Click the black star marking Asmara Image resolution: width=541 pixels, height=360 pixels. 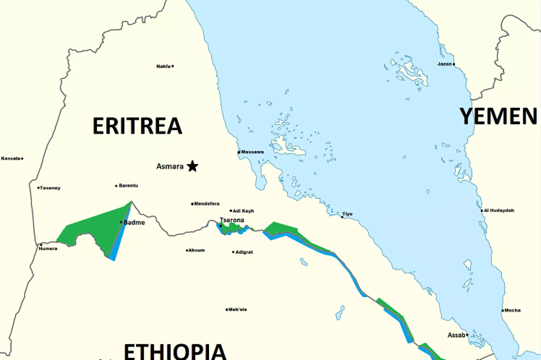(193, 166)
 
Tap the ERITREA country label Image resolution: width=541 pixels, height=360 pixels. (137, 126)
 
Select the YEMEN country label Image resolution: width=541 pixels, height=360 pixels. (498, 116)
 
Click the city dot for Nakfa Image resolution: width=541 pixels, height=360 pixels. (173, 66)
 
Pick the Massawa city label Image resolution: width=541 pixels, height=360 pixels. (252, 152)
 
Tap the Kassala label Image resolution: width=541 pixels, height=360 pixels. (11, 159)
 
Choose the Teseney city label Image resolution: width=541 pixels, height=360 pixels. (50, 188)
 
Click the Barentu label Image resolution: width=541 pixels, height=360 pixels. (129, 186)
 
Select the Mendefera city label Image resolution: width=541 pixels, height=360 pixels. (207, 204)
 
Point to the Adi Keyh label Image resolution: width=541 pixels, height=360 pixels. (243, 211)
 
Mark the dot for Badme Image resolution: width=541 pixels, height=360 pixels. (121, 222)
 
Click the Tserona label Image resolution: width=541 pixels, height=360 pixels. (232, 220)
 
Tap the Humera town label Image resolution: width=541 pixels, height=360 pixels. (48, 249)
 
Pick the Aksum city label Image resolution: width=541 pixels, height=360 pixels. (196, 251)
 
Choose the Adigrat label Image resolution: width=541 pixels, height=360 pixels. (244, 252)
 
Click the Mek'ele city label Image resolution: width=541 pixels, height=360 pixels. (238, 310)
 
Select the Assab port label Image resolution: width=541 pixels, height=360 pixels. (456, 335)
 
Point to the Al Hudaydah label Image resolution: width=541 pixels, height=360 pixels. (499, 211)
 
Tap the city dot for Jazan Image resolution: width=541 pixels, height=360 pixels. (454, 64)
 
